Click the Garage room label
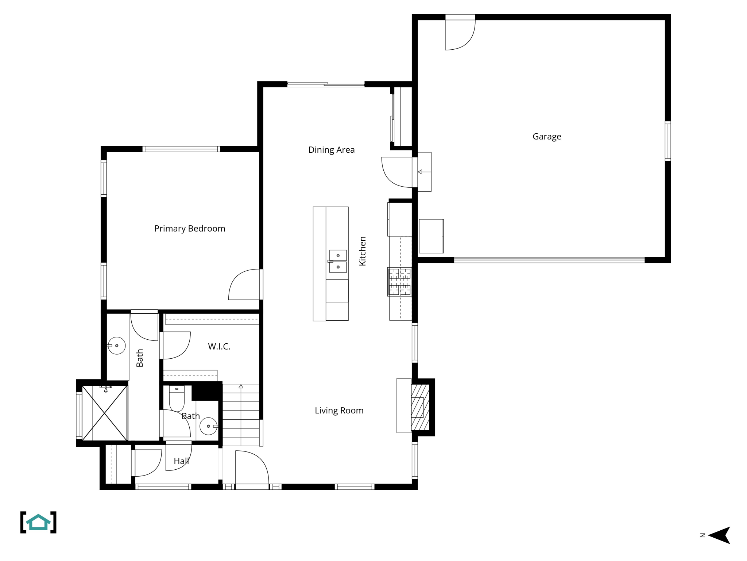coord(546,137)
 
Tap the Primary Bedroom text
coord(190,229)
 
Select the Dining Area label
coord(331,150)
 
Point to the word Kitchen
coord(363,251)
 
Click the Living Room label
coord(339,411)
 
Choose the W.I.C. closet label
coord(219,347)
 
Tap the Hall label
coord(181,461)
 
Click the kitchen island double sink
coord(338,261)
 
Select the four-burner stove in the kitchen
coord(400,282)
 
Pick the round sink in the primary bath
coord(117,346)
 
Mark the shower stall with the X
coord(105,413)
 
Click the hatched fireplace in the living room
coord(420,407)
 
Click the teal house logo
coord(38,522)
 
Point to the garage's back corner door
coord(459,34)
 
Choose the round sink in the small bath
coord(208,426)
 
